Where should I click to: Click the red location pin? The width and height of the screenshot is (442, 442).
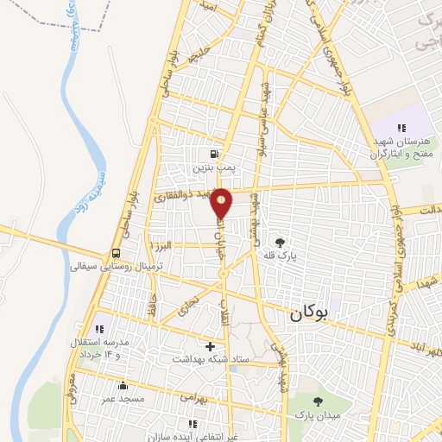[x=222, y=204]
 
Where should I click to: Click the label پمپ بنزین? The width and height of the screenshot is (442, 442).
[x=226, y=162]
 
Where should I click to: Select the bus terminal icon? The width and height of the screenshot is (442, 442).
[x=116, y=254]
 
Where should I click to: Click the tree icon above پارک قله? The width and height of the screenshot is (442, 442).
[x=279, y=243]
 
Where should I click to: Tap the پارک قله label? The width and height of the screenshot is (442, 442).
[x=279, y=256]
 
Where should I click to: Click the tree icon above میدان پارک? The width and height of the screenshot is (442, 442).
[x=318, y=401]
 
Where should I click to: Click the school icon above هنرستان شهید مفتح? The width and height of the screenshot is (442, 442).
[x=401, y=128]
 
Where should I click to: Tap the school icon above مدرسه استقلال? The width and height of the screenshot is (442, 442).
[x=98, y=329]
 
